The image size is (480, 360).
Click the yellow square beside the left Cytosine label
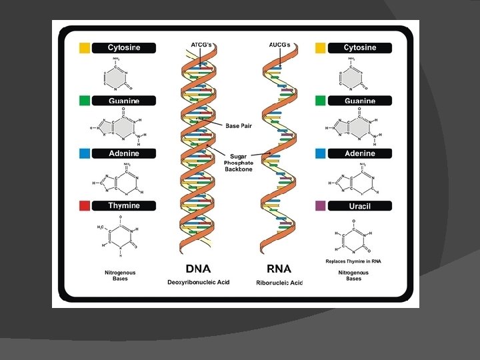[85, 48]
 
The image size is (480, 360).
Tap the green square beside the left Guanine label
[85, 101]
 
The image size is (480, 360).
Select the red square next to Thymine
[85, 205]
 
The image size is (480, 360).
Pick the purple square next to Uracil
[321, 206]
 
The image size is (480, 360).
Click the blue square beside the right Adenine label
[321, 153]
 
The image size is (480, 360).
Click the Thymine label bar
[123, 205]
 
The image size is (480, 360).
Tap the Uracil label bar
[359, 206]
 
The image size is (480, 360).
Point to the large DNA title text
[198, 269]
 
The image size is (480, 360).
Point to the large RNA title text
[279, 269]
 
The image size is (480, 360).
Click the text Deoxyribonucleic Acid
[198, 283]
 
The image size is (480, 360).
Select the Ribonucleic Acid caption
[279, 283]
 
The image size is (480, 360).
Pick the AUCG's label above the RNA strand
[279, 45]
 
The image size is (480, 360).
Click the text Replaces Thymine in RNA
[353, 261]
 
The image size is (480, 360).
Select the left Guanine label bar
[123, 101]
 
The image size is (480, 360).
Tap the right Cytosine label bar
[359, 48]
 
